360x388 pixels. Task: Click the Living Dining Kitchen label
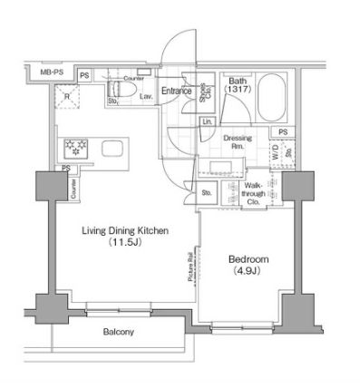tap(126, 231)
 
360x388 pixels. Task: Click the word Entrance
tap(176, 91)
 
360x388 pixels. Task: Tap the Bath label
tap(238, 80)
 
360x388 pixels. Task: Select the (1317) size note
tap(238, 90)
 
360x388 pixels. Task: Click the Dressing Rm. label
tap(238, 141)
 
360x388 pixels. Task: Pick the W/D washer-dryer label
tap(276, 153)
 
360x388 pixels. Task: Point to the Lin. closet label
tap(208, 121)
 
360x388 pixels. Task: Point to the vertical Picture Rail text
tap(190, 267)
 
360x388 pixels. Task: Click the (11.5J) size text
tap(126, 243)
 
